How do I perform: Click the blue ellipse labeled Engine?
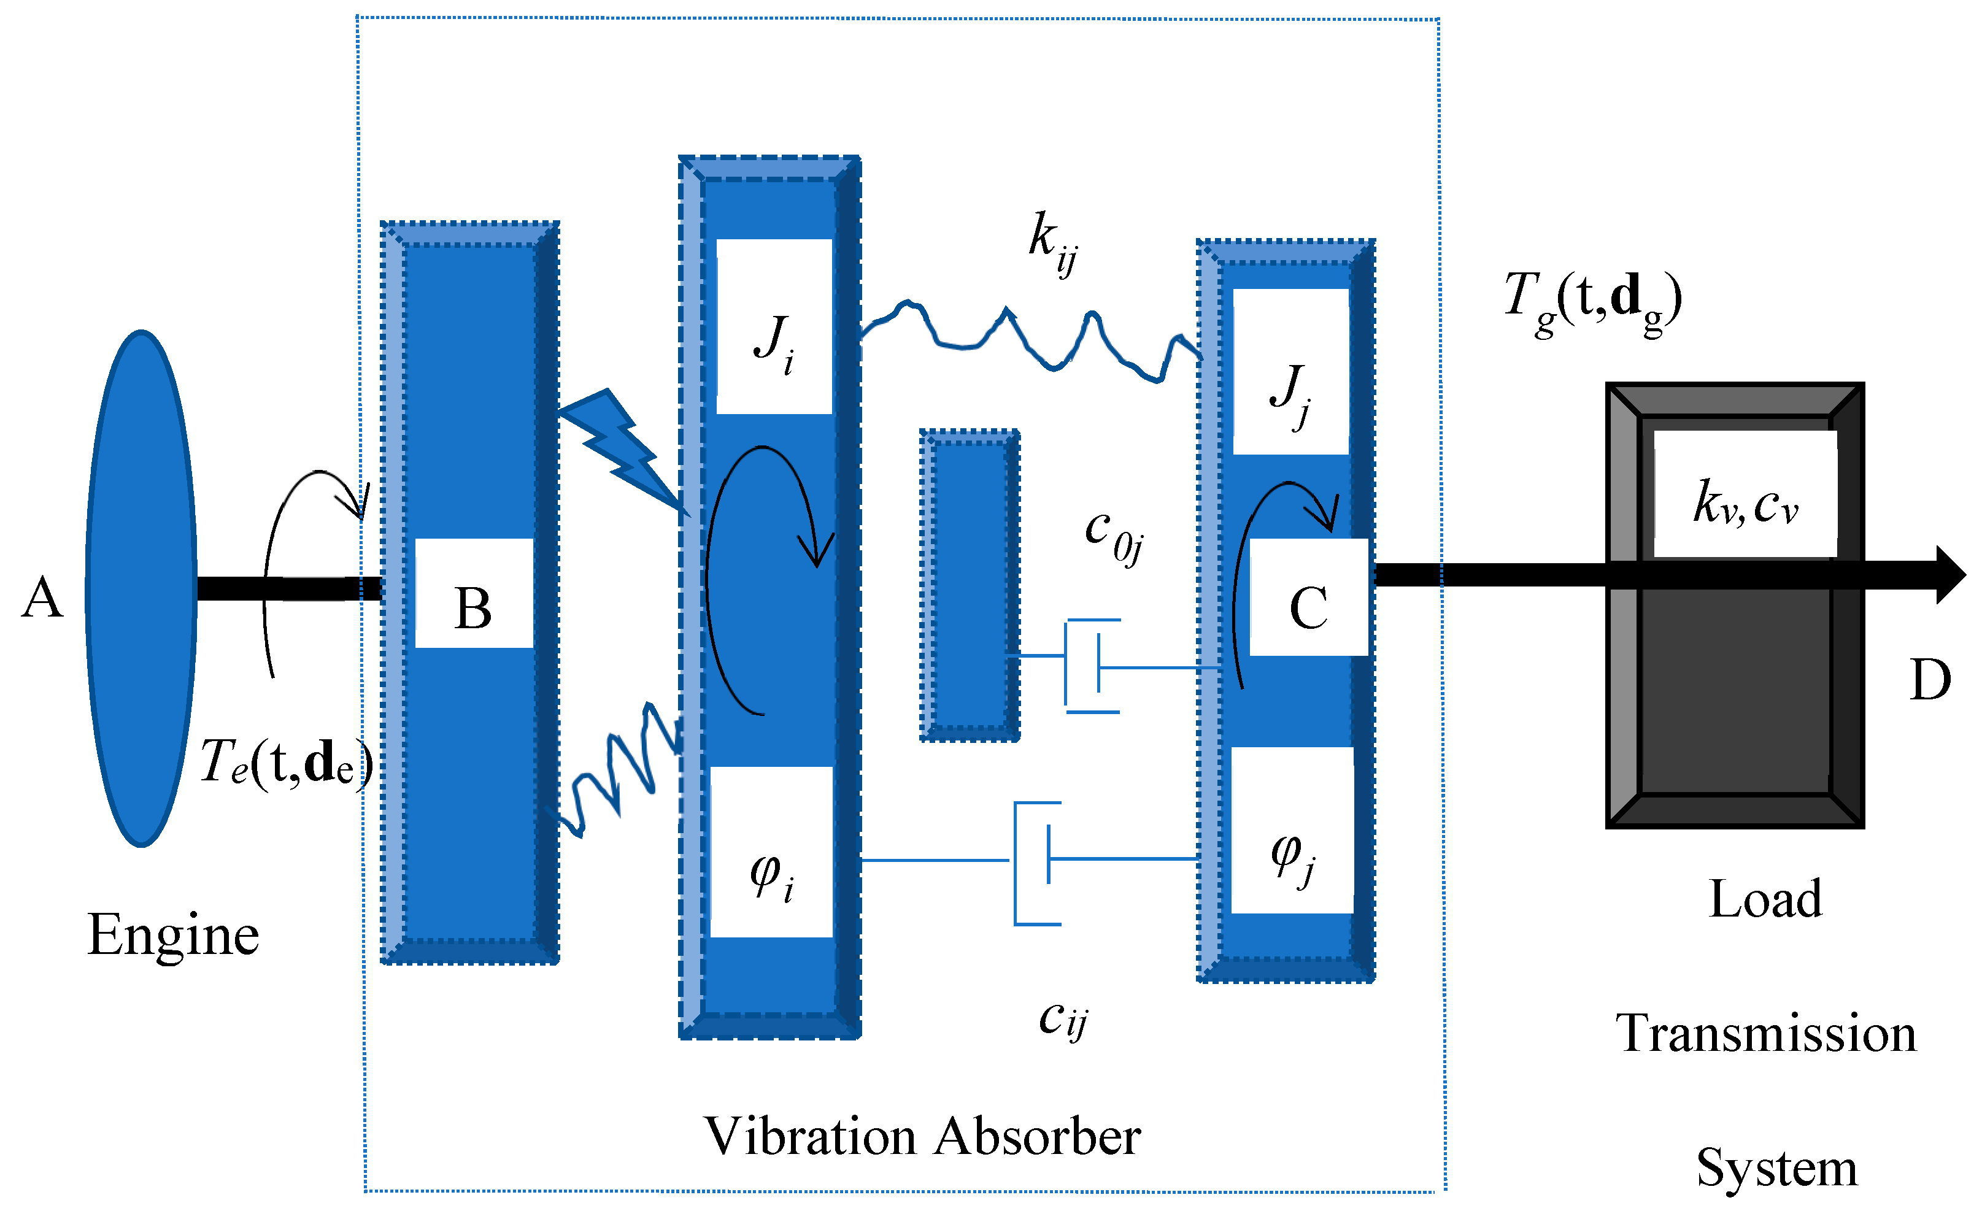coord(141,588)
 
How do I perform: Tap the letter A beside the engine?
coord(42,599)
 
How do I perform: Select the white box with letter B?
coord(474,593)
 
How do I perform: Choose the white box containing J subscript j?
coord(1290,372)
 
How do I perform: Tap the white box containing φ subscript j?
coord(1292,831)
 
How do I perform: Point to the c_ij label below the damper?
coord(1063,1018)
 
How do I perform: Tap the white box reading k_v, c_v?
coord(1744,493)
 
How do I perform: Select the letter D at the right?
coord(1930,680)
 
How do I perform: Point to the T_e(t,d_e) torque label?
coord(286,762)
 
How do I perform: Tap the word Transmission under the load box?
coord(1765,1034)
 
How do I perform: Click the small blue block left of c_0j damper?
coord(970,585)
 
